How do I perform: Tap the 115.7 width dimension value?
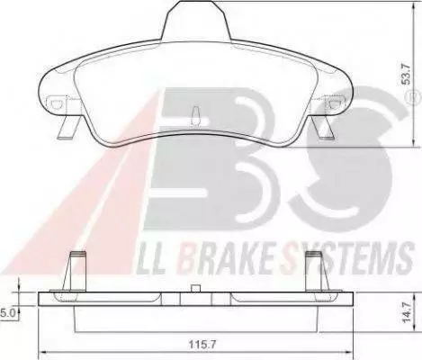click(202, 344)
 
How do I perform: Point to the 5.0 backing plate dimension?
click(7, 313)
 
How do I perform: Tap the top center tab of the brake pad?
click(196, 20)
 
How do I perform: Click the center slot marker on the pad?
click(195, 116)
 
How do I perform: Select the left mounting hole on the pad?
click(56, 103)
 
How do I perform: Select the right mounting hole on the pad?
click(333, 103)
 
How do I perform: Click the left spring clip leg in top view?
click(68, 128)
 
